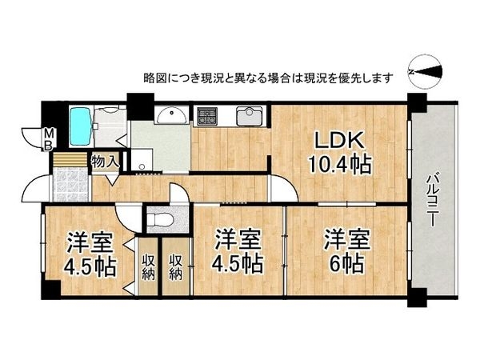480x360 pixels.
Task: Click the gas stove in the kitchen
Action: coord(209,117)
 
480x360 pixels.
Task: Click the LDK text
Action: coord(339,142)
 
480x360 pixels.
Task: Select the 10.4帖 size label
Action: coord(340,166)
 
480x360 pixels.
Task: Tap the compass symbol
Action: coord(426,70)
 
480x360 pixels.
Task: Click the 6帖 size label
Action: coord(346,262)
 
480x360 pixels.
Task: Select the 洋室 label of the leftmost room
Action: coord(89,241)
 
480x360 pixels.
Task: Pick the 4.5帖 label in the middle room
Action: coord(238,262)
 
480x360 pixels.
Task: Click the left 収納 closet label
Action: coord(149,267)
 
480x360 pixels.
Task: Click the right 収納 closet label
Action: coord(176,267)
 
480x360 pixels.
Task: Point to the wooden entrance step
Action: coord(69,158)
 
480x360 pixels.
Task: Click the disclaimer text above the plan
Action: coord(267,78)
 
